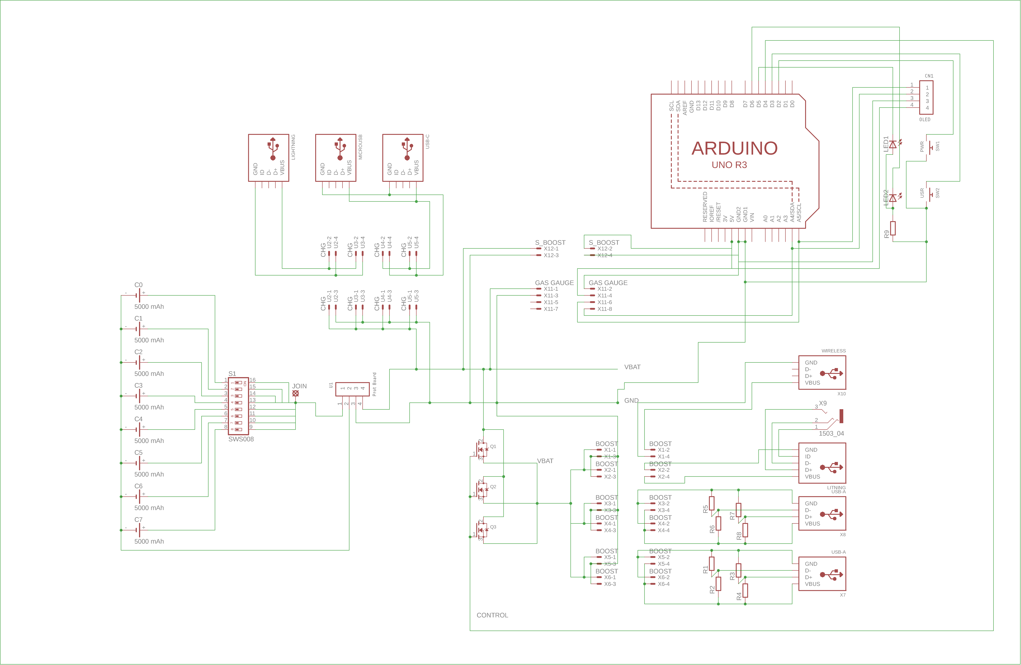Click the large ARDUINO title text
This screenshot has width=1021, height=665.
pyautogui.click(x=734, y=148)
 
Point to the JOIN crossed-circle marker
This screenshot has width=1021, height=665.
pyautogui.click(x=295, y=393)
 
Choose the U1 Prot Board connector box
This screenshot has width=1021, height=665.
pyautogui.click(x=352, y=389)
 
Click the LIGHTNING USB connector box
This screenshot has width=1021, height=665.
pyautogui.click(x=269, y=158)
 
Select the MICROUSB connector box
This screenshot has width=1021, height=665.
pyautogui.click(x=335, y=158)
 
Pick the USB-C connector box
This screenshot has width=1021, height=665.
pyautogui.click(x=403, y=158)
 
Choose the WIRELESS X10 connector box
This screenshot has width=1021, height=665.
pyautogui.click(x=822, y=373)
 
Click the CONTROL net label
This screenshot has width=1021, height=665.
pyautogui.click(x=492, y=615)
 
